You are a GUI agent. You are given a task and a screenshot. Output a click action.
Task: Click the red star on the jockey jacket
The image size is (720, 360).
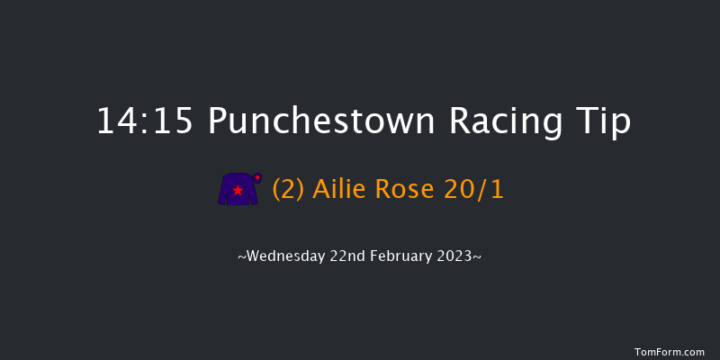tap(238, 191)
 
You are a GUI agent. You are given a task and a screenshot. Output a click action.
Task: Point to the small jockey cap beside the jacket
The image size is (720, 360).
tap(257, 177)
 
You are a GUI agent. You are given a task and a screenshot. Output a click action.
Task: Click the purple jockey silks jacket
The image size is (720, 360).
tap(238, 189)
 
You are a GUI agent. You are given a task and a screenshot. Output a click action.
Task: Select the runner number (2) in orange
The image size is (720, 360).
tap(289, 190)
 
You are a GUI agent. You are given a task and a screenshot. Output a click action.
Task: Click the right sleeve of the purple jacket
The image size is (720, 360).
tap(253, 192)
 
